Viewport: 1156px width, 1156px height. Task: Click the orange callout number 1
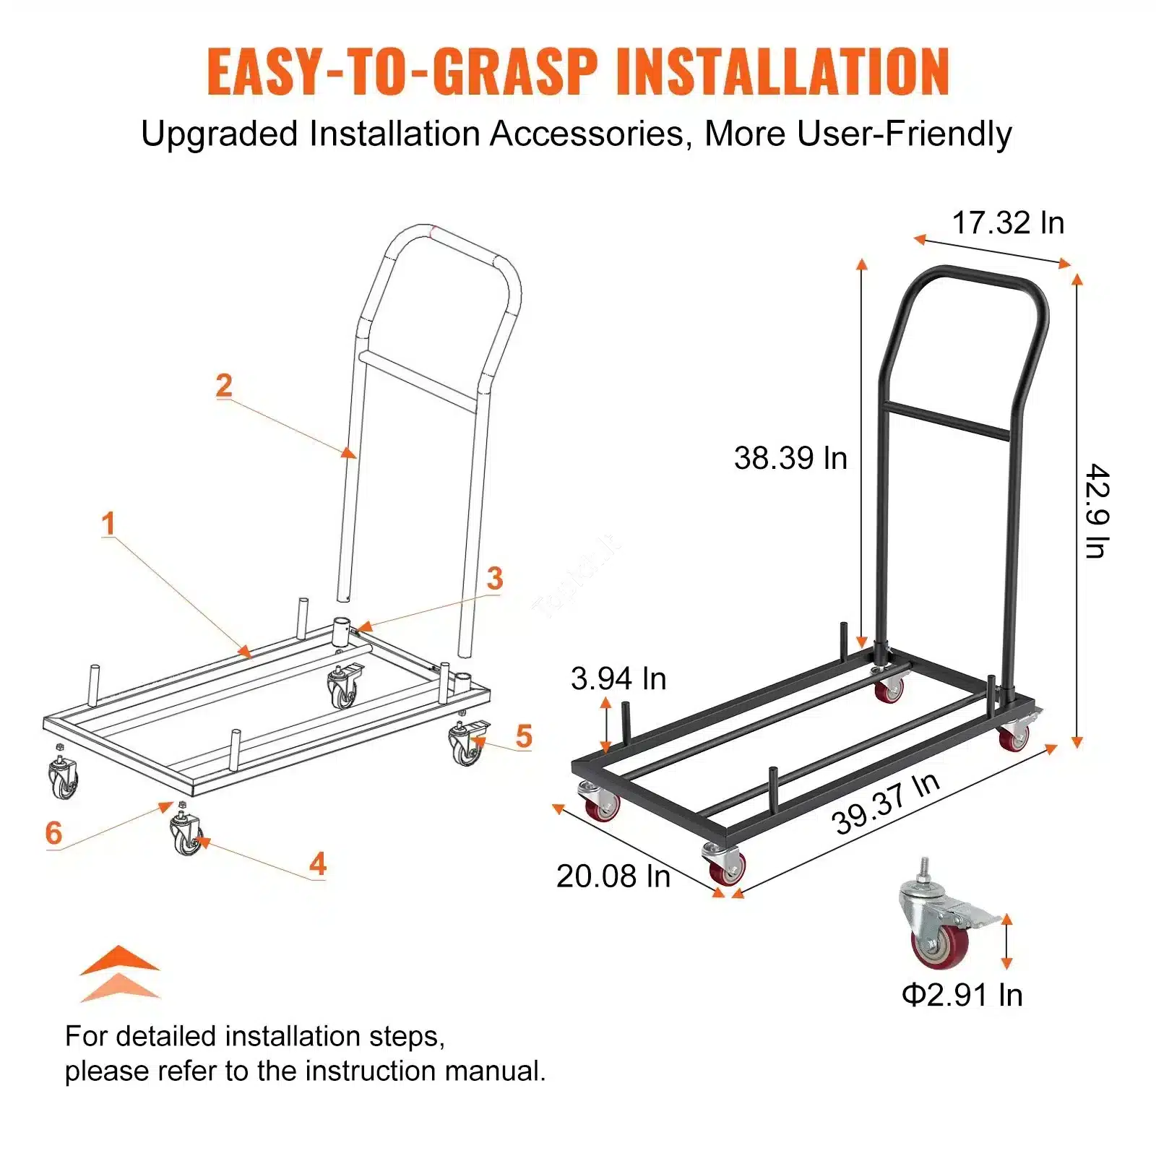pos(108,524)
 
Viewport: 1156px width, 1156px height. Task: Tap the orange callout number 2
pos(224,385)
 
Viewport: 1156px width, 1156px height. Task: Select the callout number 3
pos(495,578)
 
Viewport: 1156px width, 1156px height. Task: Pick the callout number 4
pos(318,864)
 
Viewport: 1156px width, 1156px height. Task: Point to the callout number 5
pos(524,736)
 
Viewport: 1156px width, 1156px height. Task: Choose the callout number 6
pos(53,833)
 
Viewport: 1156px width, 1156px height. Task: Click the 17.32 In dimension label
pos(1008,223)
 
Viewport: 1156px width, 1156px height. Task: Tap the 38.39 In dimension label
pos(790,458)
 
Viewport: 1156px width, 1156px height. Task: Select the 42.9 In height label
pos(1097,511)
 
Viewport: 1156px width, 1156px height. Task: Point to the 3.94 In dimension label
pos(618,678)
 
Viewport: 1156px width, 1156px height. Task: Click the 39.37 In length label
pos(886,803)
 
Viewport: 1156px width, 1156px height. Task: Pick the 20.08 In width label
pos(613,876)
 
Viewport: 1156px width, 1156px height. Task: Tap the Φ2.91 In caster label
pos(962,995)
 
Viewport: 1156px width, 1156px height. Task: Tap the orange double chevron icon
pos(119,973)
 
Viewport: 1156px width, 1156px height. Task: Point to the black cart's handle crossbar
pos(947,421)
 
